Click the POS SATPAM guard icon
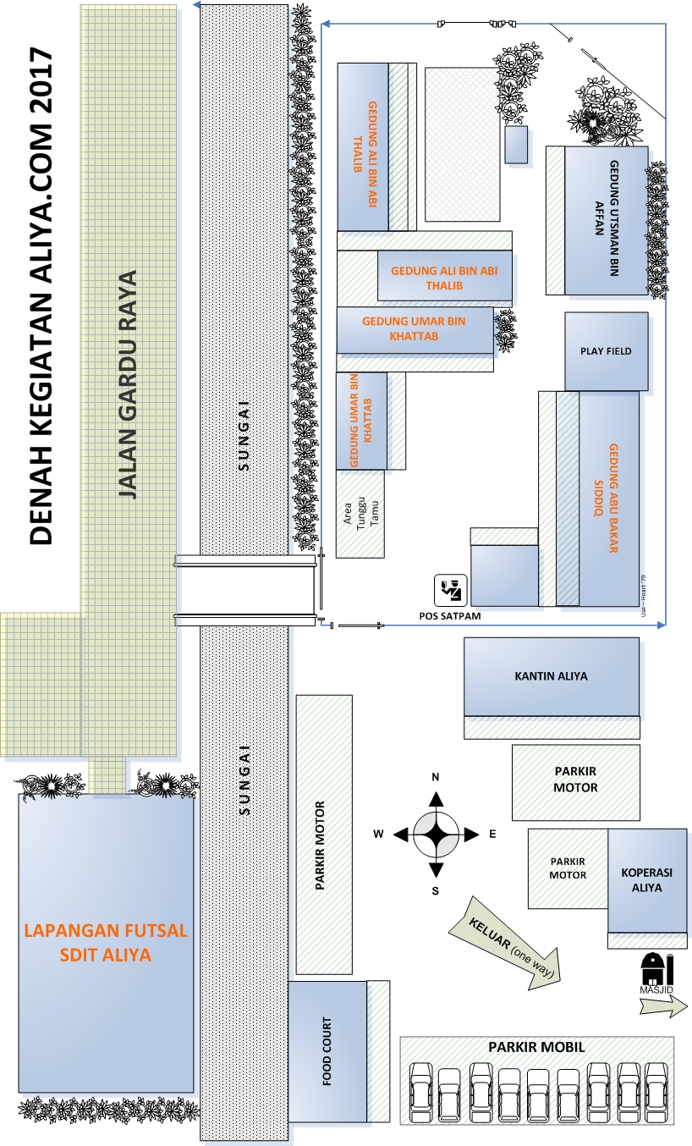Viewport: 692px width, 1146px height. (451, 591)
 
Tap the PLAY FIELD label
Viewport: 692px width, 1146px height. (606, 351)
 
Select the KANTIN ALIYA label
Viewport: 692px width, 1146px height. (551, 675)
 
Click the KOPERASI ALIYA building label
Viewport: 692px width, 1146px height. (646, 880)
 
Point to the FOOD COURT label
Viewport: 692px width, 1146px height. (327, 1051)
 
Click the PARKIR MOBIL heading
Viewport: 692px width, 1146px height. (536, 1047)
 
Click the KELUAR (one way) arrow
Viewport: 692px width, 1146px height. (505, 945)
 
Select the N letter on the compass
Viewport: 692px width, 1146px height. (435, 777)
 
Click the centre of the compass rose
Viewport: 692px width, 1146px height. (436, 834)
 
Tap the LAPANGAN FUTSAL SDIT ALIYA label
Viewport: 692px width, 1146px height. (106, 942)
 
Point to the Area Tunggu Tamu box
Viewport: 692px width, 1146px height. (360, 514)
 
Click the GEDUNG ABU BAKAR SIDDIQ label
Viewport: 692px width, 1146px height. (606, 499)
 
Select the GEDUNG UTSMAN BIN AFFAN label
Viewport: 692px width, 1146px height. (607, 218)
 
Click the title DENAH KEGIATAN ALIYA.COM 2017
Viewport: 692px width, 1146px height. (41, 296)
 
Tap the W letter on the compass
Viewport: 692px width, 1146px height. (378, 834)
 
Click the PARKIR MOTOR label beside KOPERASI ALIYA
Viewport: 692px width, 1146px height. (568, 868)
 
